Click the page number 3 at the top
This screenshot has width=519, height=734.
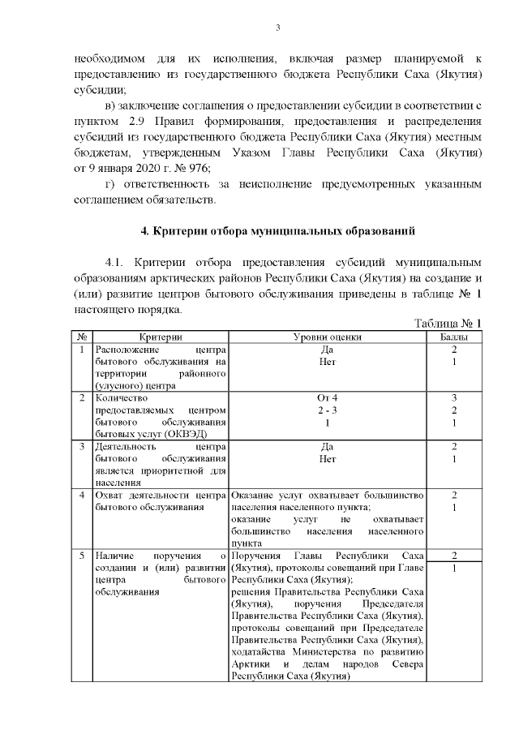tap(277, 29)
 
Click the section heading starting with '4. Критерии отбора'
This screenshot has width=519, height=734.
tap(278, 232)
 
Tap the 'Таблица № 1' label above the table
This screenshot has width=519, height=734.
tap(448, 323)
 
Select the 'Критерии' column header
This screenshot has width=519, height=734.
tap(160, 336)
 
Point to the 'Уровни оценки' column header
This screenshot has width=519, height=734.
tap(327, 336)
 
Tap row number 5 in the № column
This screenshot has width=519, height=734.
tap(82, 556)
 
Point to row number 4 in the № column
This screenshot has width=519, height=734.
tap(82, 495)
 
